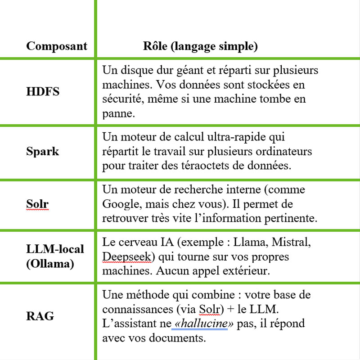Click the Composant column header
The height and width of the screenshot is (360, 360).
(56, 46)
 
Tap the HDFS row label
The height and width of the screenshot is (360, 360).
(43, 92)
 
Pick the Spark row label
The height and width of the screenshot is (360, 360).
(42, 151)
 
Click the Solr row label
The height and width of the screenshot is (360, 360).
(37, 204)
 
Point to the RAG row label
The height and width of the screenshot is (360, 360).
(40, 316)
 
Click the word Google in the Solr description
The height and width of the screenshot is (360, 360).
(120, 204)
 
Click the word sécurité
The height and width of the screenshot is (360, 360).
(119, 99)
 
